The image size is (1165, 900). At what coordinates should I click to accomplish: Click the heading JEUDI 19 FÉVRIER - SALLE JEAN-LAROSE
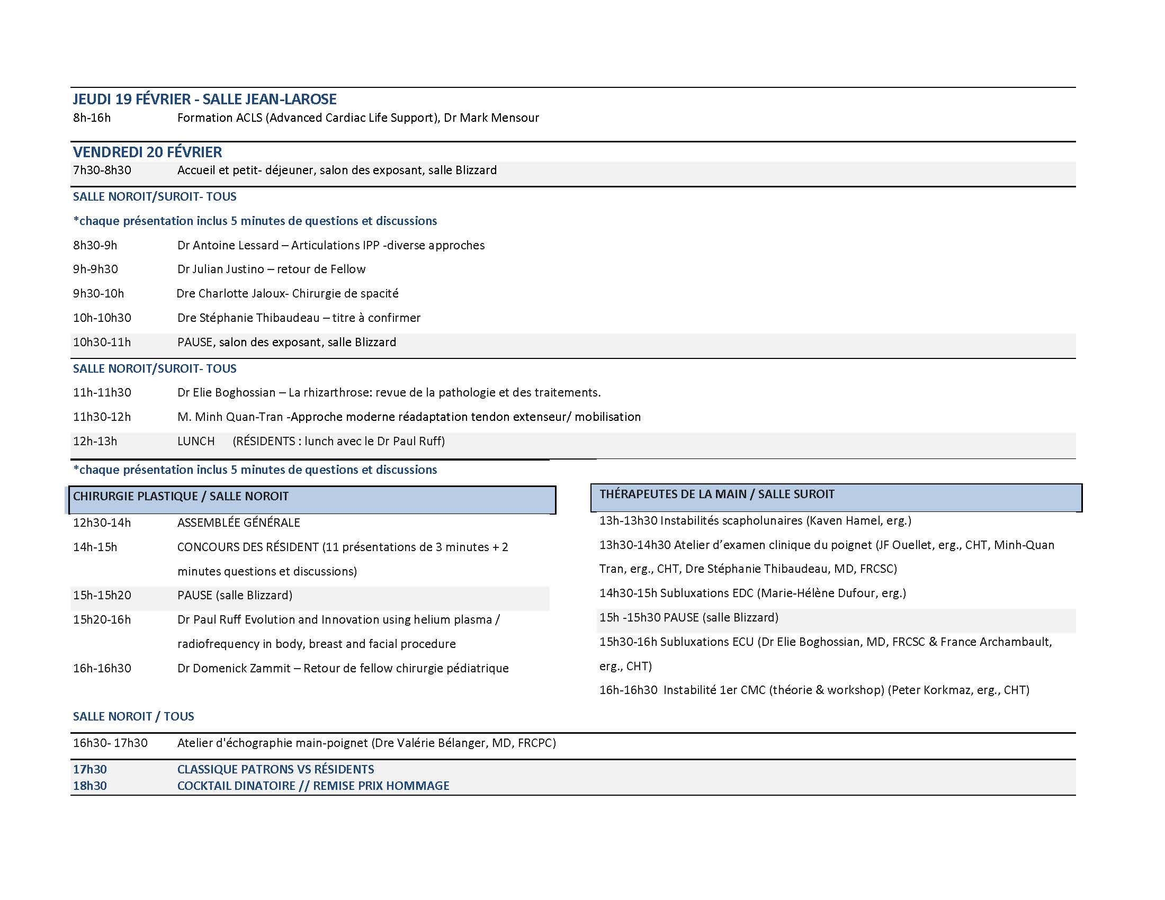tap(204, 99)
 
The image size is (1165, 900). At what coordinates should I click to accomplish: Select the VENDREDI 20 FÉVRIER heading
tap(147, 152)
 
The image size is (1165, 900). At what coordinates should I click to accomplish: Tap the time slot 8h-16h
tap(92, 118)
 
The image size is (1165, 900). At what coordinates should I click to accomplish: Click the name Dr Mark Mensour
tap(491, 118)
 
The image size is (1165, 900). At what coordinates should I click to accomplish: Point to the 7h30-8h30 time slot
tap(102, 170)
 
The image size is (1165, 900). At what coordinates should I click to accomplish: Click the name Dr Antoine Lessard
tap(228, 245)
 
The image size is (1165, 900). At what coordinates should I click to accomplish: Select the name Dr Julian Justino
tap(220, 269)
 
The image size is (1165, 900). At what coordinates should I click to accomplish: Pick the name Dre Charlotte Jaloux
tap(231, 293)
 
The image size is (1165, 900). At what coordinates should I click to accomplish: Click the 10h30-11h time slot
tap(102, 343)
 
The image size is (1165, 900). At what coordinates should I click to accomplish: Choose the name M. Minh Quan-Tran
tap(230, 417)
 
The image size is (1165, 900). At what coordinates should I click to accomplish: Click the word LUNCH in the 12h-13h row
tap(196, 442)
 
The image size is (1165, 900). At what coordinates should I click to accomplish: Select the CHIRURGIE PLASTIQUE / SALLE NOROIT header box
tap(312, 500)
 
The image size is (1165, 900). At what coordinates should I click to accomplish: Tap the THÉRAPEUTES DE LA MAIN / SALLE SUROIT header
tap(836, 497)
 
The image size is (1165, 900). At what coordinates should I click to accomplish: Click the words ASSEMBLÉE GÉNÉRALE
tap(238, 523)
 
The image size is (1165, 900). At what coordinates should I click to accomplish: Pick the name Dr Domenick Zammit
tap(234, 668)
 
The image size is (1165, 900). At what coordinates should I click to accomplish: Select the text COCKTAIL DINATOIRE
tap(236, 785)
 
